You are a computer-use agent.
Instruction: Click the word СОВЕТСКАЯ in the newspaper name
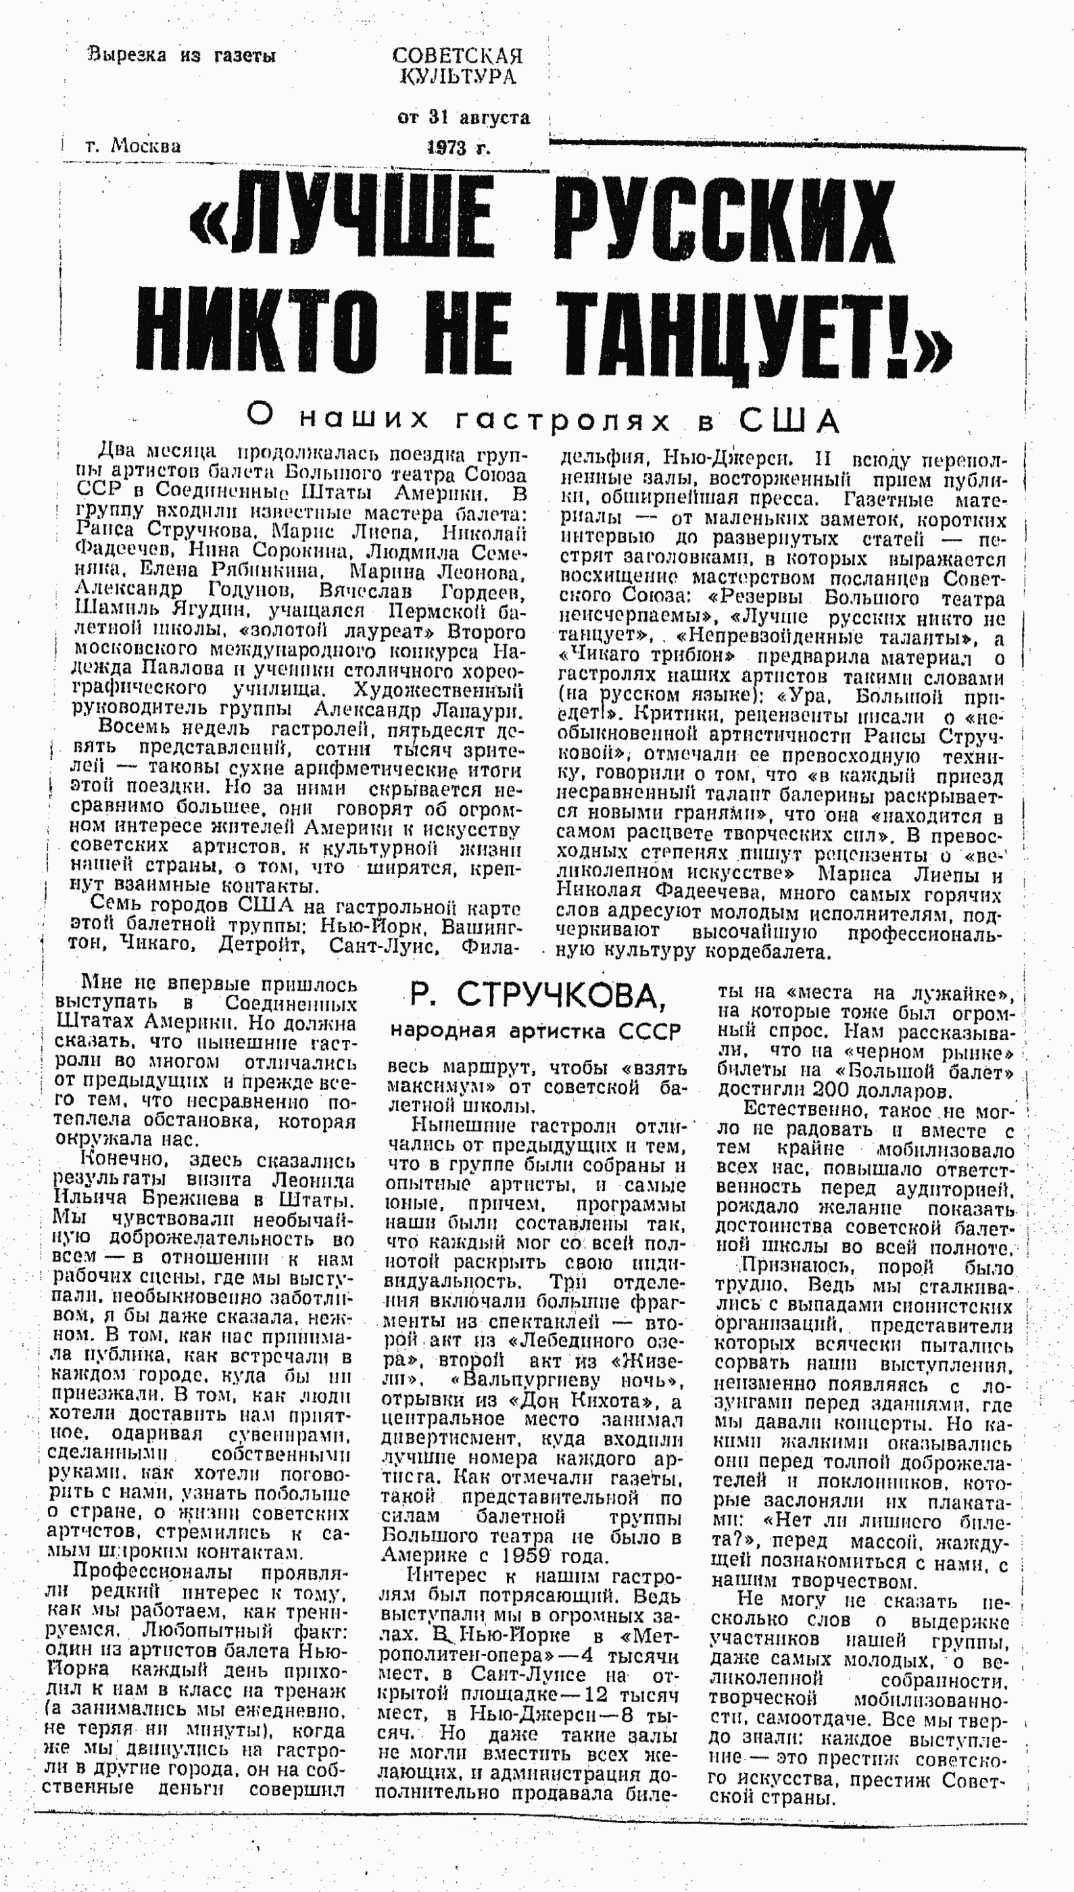[x=458, y=56]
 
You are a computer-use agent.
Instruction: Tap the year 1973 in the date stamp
[x=447, y=147]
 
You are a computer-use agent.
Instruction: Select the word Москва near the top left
[x=145, y=146]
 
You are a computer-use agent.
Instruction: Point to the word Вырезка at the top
[x=127, y=55]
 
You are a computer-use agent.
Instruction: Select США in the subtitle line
[x=789, y=421]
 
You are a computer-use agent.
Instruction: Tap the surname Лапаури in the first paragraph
[x=477, y=711]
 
